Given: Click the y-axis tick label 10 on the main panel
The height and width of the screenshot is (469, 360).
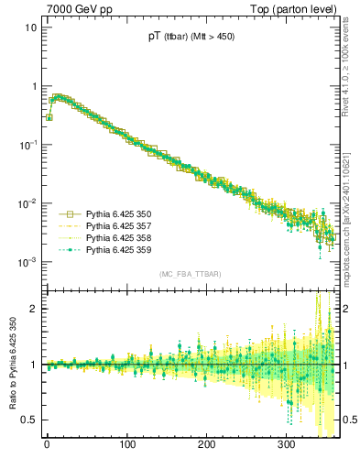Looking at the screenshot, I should coord(30,27).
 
